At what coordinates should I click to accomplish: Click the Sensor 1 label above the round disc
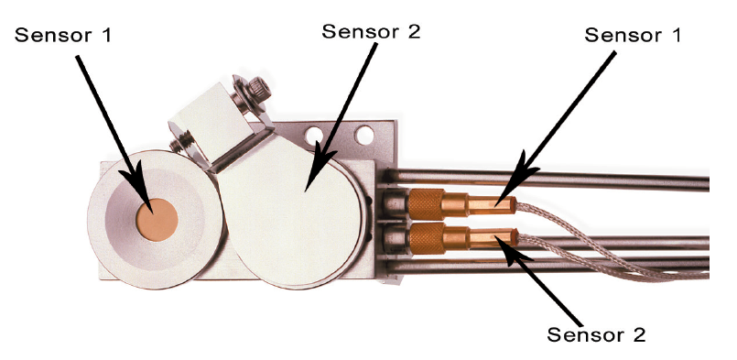[63, 35]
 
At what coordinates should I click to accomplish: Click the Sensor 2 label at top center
[371, 31]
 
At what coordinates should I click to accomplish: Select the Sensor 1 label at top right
[633, 36]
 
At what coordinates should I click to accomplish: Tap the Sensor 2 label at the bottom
[596, 334]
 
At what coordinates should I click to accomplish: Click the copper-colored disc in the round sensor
[157, 220]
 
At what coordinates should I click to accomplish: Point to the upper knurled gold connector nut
[426, 204]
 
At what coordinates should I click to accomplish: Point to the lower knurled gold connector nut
[427, 238]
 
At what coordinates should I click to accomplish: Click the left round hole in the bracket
[313, 136]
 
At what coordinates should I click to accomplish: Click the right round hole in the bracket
[364, 136]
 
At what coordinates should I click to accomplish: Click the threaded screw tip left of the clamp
[178, 144]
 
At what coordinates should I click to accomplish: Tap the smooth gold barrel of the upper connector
[491, 205]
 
